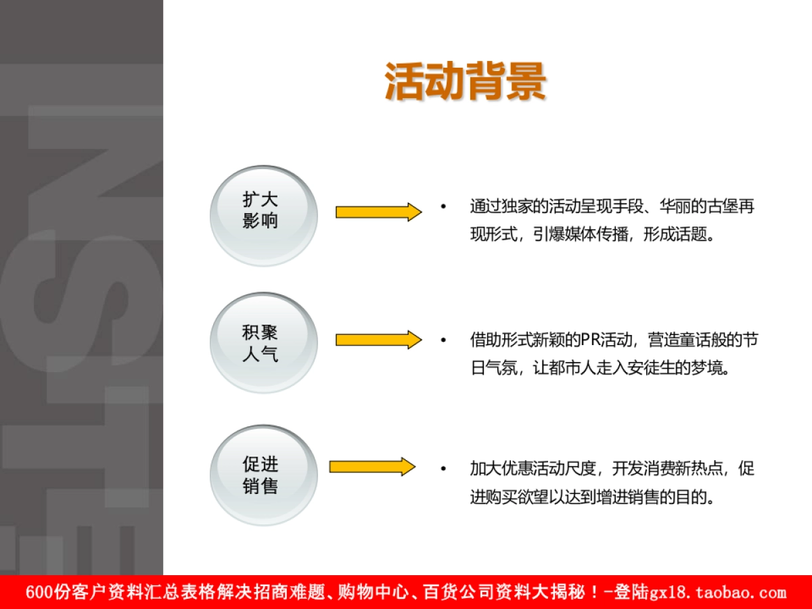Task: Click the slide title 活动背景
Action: [x=466, y=82]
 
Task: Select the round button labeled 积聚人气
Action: [x=263, y=342]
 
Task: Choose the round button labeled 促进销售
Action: [x=263, y=474]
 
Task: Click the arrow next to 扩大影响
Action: [x=378, y=212]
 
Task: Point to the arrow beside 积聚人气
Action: [x=378, y=340]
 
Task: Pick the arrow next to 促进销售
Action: [x=372, y=467]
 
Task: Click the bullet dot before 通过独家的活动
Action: [x=443, y=206]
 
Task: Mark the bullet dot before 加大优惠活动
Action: [x=443, y=468]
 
